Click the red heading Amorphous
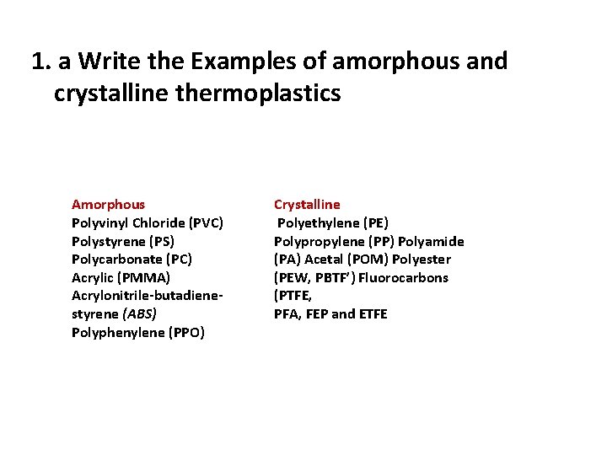(108, 204)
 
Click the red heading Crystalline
(307, 204)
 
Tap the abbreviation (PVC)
(205, 222)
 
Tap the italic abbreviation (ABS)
(140, 313)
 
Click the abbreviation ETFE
(372, 314)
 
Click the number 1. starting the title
(39, 62)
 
